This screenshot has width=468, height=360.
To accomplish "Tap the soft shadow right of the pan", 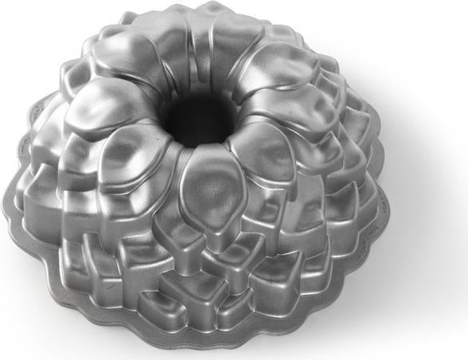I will (x=414, y=239).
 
